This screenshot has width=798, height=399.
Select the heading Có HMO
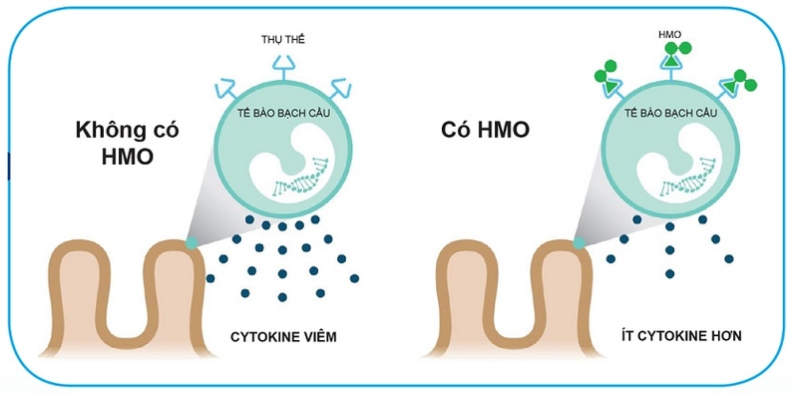(x=486, y=131)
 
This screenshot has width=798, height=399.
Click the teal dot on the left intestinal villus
(x=192, y=242)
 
